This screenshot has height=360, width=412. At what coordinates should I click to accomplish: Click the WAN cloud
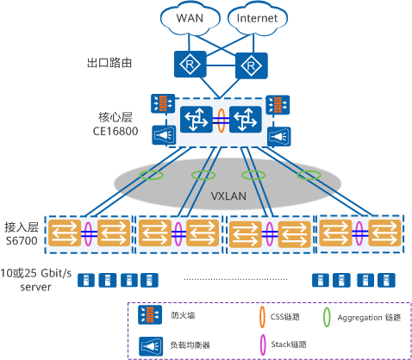point(190,18)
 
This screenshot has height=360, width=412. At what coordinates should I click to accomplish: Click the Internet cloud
point(257,18)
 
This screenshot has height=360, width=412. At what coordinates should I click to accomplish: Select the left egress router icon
point(190,65)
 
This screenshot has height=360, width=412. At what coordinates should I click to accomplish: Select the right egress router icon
point(252,65)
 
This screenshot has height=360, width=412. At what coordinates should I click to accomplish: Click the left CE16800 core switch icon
point(197,119)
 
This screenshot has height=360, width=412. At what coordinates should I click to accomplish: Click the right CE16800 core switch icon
point(246,119)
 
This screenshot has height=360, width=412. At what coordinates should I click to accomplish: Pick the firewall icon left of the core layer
point(163,103)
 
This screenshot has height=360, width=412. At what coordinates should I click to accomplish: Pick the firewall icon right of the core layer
point(278,105)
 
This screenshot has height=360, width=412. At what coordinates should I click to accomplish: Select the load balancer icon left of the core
point(164,135)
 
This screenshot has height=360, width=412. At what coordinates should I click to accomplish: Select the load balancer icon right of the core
point(279,136)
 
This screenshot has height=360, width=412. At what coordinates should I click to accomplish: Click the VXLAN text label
point(228,196)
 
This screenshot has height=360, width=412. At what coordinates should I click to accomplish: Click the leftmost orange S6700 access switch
point(65,233)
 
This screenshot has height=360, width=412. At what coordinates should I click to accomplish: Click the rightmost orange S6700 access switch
point(384,233)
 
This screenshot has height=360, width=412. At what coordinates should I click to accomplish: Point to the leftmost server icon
point(86,280)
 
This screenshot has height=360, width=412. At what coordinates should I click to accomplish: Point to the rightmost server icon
point(386,280)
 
